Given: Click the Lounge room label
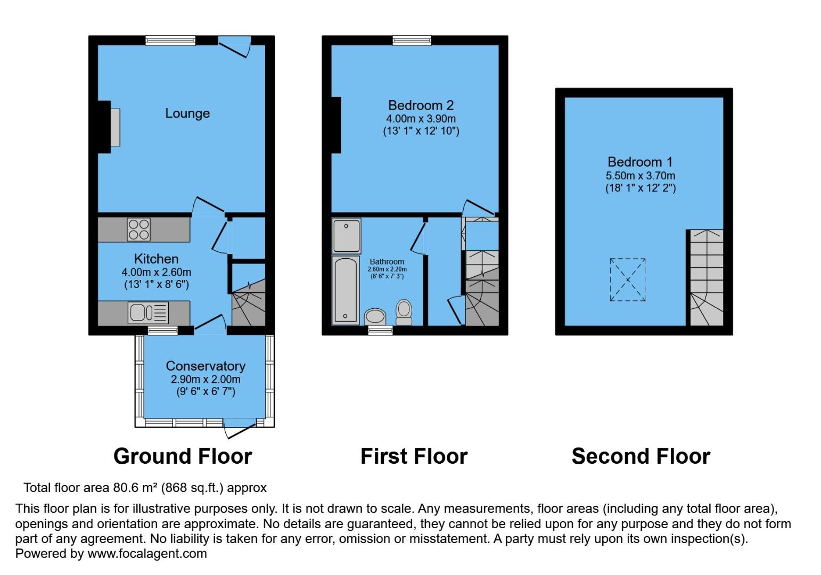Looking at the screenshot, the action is coord(187,113).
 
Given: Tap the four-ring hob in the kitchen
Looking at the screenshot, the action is coord(138,229).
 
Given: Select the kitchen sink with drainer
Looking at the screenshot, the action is coord(148,313).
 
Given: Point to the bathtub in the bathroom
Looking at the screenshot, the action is coord(345,290).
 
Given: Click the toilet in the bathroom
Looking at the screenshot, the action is coord(404,312).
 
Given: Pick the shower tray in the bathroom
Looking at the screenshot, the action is coord(347,236).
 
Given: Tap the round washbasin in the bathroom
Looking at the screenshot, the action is coord(375,317).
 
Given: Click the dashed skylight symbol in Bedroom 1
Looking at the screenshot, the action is coord(628,280).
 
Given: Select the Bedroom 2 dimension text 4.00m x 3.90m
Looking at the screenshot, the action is coord(421,119).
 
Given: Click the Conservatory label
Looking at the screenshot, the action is coord(206,366).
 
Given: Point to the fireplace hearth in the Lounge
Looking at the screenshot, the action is coord(115,127).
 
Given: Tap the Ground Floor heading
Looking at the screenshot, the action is coord(183,456).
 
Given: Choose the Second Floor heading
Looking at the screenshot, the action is coord(641,456).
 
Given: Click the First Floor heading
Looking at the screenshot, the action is coord(414,456).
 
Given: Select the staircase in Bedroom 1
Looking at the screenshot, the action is coord(707,278).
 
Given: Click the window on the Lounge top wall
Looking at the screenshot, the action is coord(170,40).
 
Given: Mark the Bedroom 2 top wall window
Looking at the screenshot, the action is coord(412,40).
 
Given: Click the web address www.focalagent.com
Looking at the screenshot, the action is coord(147,553).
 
